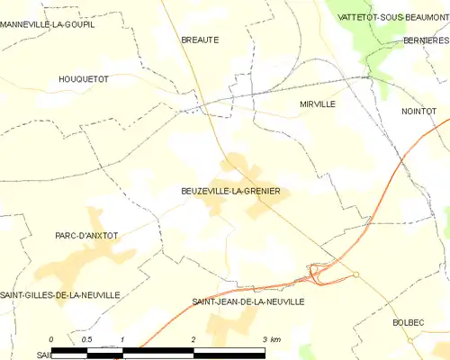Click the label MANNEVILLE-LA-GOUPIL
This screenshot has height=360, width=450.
pos(49,24)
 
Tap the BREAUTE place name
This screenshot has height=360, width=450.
pos(200,40)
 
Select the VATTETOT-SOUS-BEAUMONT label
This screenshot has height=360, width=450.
pos(393,17)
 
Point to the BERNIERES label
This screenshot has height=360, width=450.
pos(427,40)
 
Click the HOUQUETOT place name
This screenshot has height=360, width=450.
pos(83,79)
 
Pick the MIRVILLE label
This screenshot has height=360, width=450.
pos(318,104)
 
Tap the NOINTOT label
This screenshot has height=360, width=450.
pos(418,111)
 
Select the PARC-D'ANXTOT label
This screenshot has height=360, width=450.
pos(86,236)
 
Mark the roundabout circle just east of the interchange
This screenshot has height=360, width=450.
pos(356,274)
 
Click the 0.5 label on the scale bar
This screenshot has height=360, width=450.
pos(86,339)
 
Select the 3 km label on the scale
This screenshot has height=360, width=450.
pos(271,339)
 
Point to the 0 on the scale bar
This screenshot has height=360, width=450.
pos(52,339)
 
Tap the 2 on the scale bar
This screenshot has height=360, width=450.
pos(193,339)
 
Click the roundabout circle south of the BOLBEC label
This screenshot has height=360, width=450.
pos(409,340)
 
